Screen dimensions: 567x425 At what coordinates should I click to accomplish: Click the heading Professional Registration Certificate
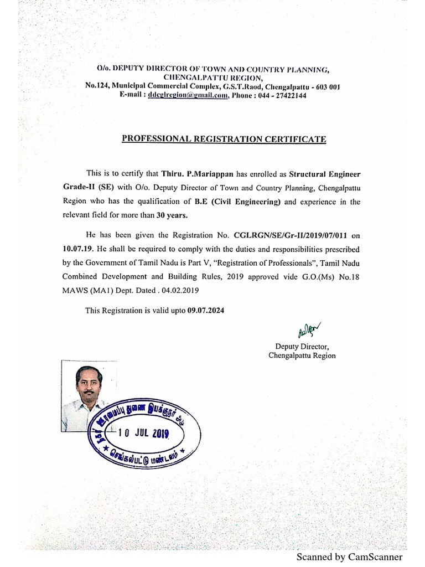pos(224,138)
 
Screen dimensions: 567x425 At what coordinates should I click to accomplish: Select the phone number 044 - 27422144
pos(282,95)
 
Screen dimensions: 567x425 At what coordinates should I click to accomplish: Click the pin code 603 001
pos(331,86)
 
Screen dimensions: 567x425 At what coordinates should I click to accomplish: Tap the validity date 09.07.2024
pos(206,311)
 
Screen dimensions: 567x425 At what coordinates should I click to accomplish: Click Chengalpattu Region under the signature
pos(302,355)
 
